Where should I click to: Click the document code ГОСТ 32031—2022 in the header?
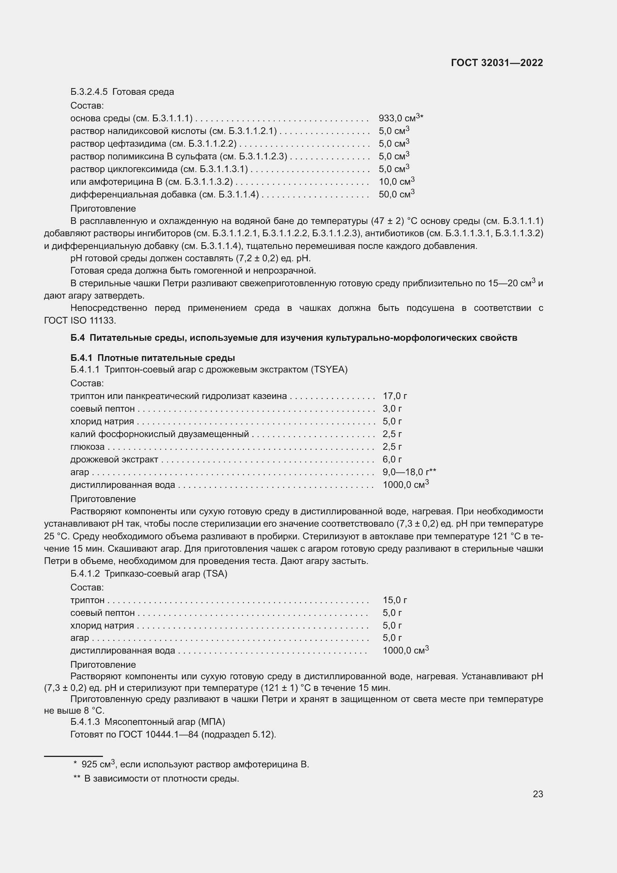pyautogui.click(x=497, y=63)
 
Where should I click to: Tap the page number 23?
pyautogui.click(x=538, y=794)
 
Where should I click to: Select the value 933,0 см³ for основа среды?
pyautogui.click(x=399, y=118)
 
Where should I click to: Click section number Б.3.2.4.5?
pyautogui.click(x=89, y=92)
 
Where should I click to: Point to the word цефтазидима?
pyautogui.click(x=137, y=144)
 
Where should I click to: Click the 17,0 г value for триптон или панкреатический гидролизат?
pyautogui.click(x=394, y=396)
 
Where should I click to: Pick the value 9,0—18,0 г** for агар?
pyautogui.click(x=409, y=472)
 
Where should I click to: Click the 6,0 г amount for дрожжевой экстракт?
pyautogui.click(x=392, y=459)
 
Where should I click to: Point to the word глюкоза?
pyautogui.click(x=87, y=447)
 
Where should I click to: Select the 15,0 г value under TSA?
pyautogui.click(x=394, y=600)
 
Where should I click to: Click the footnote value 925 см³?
pyautogui.click(x=98, y=764)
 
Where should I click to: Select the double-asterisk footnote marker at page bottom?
pyautogui.click(x=77, y=779)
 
